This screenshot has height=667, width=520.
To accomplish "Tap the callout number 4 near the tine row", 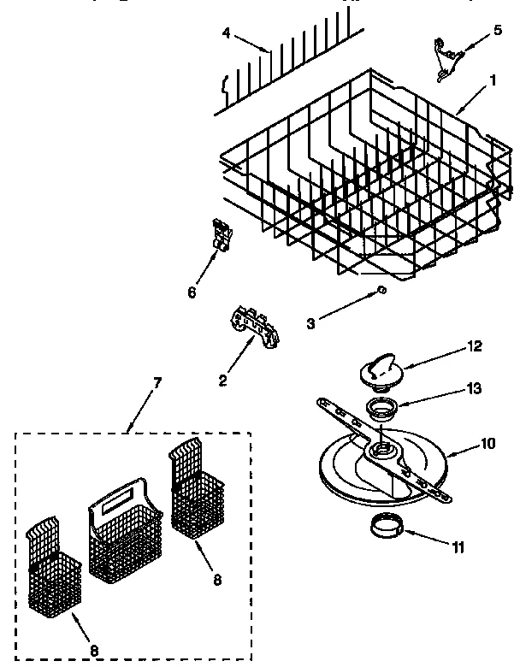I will click(226, 33).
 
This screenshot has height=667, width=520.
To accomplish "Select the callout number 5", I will click(498, 30).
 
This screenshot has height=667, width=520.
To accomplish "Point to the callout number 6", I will click(192, 292).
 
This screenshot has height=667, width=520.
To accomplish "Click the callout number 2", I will click(222, 381).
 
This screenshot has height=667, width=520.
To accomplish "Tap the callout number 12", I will click(475, 346).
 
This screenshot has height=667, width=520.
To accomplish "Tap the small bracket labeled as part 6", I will click(221, 236).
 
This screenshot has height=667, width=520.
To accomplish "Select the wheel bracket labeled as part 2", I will click(256, 328).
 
